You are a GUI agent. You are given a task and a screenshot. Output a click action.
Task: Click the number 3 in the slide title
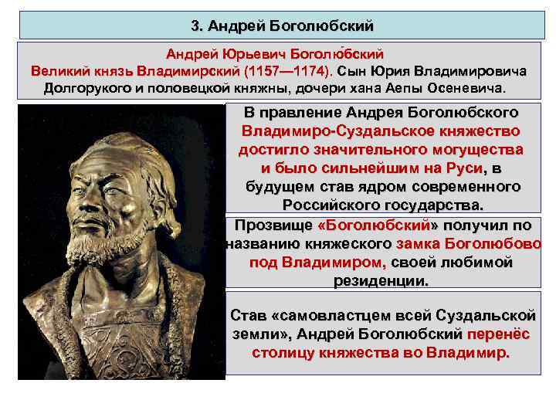(195, 25)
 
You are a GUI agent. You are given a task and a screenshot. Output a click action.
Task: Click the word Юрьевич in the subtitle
(249, 55)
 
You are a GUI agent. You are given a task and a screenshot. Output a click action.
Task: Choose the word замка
(420, 244)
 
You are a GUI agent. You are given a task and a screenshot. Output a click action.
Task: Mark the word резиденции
(381, 280)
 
